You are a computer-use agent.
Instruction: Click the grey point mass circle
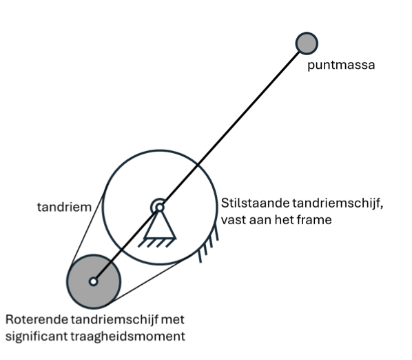tap(307, 43)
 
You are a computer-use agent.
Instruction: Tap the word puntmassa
tap(341, 65)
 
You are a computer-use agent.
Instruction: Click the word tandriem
tap(64, 207)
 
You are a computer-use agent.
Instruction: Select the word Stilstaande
tap(255, 203)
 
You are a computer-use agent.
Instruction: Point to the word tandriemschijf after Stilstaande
tap(338, 204)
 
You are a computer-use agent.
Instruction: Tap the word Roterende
tap(37, 320)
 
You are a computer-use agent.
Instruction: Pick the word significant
tap(37, 337)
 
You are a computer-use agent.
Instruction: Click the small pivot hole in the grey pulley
tap(93, 281)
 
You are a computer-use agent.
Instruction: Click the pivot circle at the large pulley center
tap(159, 208)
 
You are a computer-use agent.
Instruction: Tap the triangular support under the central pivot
tap(159, 226)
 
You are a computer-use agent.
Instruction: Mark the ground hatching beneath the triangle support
tap(156, 243)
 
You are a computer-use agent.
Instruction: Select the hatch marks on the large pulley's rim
tap(208, 243)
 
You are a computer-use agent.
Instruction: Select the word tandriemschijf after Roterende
tap(114, 321)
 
